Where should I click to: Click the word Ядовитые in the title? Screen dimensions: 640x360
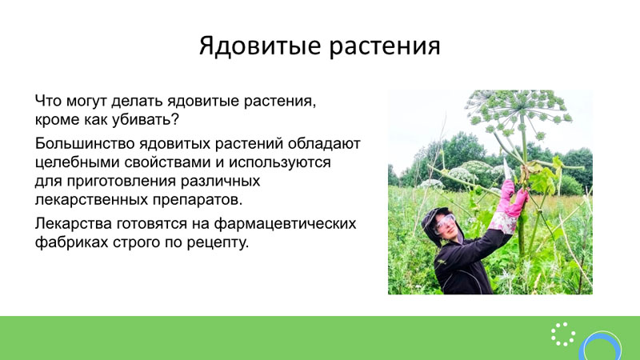point(260,46)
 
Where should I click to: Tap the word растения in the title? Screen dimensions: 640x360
point(385,46)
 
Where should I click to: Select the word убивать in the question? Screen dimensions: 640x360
point(142,120)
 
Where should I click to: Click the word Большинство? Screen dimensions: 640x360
point(85,143)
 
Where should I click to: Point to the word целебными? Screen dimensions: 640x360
point(77,162)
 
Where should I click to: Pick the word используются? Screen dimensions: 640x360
point(279,163)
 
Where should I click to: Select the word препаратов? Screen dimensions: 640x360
point(194,201)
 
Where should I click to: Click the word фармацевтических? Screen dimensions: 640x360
point(286,224)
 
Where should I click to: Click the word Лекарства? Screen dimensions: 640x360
point(73,224)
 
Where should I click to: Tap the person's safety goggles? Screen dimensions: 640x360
point(445,223)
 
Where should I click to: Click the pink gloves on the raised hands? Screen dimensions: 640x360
point(511,199)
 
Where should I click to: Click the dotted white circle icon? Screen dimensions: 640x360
point(563,334)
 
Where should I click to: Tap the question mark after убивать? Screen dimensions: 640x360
point(175,119)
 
